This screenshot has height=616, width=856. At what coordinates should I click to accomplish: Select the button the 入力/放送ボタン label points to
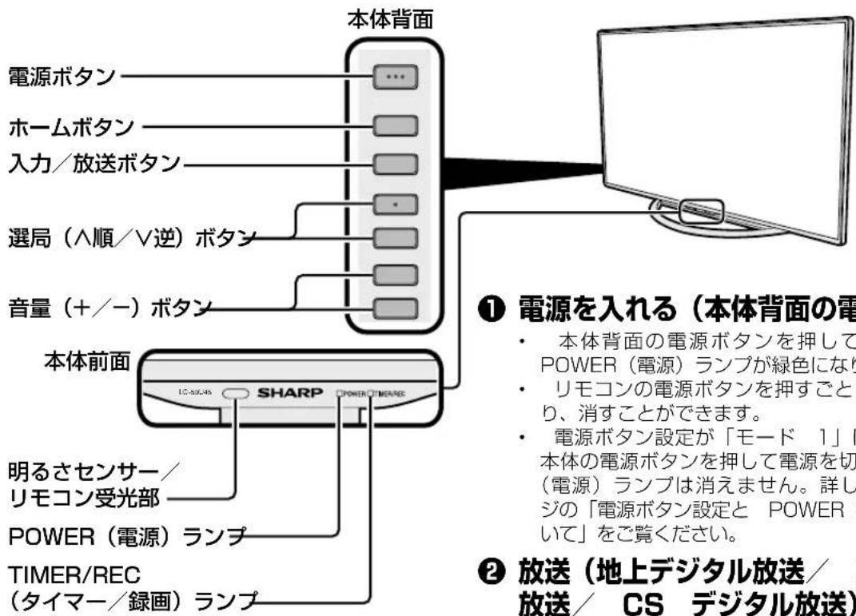[396, 164]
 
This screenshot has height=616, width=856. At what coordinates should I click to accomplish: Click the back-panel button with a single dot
[396, 205]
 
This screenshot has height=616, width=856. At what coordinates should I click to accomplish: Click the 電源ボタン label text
[58, 77]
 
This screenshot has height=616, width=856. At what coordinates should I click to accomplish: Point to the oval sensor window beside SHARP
[235, 394]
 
